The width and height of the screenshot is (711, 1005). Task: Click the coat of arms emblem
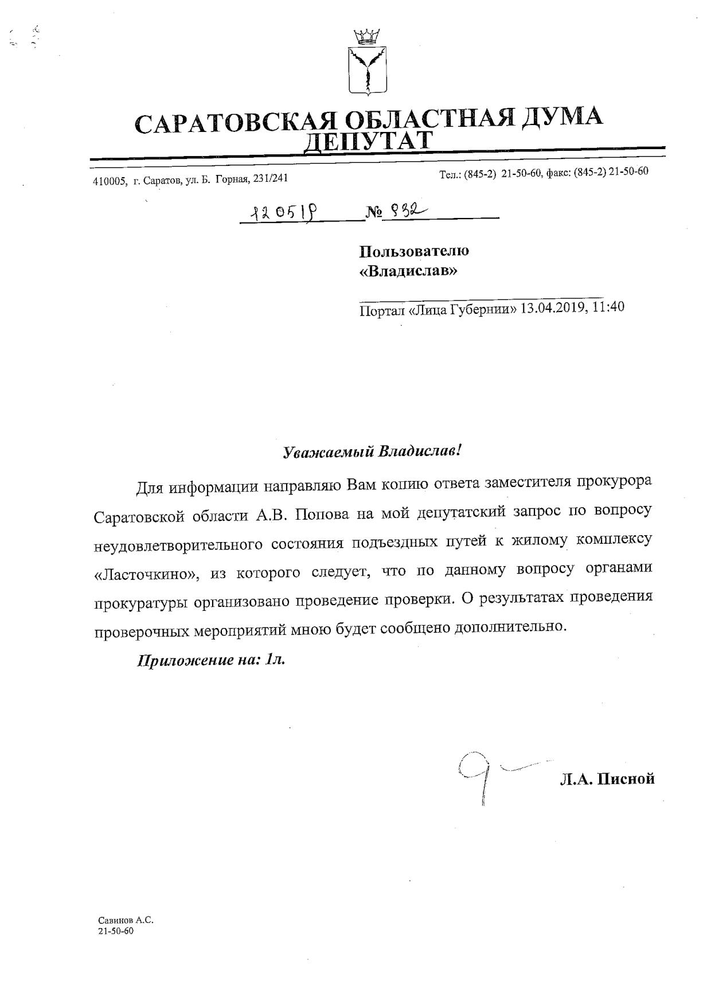[368, 63]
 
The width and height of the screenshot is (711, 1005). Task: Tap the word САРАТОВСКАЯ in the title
[234, 122]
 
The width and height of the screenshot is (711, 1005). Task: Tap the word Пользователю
[413, 251]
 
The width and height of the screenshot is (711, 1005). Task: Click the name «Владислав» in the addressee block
[408, 271]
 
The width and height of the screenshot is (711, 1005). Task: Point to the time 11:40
[608, 307]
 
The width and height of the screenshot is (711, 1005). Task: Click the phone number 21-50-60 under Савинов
[116, 931]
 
